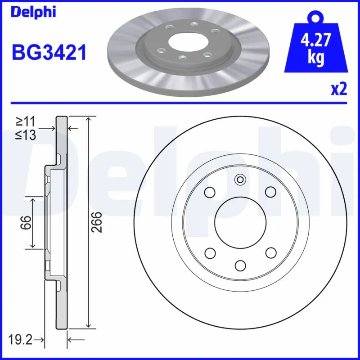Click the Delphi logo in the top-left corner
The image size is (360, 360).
[x=33, y=12]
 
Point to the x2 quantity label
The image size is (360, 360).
[x=339, y=90]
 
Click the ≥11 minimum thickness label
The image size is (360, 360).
[x=26, y=121]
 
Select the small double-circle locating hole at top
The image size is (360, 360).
[x=240, y=180]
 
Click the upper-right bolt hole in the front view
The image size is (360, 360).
[x=270, y=192]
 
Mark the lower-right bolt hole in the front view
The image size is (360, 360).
[x=270, y=252]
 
